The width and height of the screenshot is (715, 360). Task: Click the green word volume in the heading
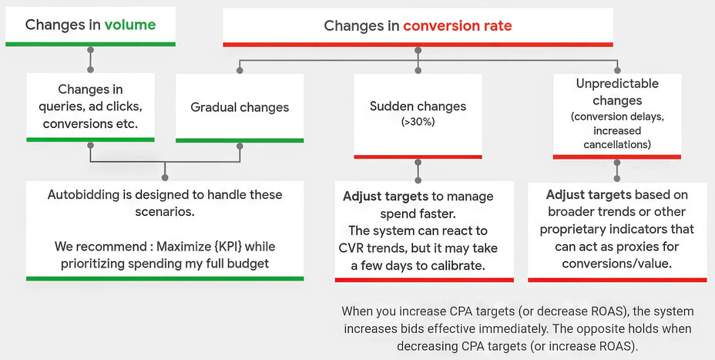[x=130, y=25]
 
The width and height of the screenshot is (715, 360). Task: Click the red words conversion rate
[x=458, y=25]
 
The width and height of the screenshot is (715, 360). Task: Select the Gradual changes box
[x=240, y=107]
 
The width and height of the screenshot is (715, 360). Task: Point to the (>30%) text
[x=417, y=122]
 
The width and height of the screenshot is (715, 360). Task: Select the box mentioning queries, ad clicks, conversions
[x=90, y=106]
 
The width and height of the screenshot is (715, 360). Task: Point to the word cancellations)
[x=616, y=144]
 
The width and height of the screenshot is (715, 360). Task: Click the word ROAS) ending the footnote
[x=619, y=347]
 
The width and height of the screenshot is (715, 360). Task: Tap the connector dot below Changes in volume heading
[x=90, y=49]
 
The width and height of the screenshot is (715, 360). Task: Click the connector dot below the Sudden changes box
[x=418, y=163]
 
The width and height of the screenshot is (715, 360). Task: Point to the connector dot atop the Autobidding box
[x=165, y=178]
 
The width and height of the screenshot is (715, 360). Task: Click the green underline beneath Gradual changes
[x=240, y=140]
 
